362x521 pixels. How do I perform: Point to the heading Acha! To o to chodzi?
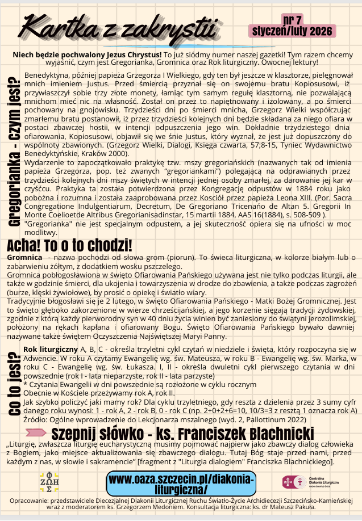pyautogui.click(x=69, y=246)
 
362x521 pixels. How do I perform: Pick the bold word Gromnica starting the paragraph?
pyautogui.click(x=22, y=258)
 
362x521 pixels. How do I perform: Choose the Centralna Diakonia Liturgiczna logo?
pyautogui.click(x=310, y=482)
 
